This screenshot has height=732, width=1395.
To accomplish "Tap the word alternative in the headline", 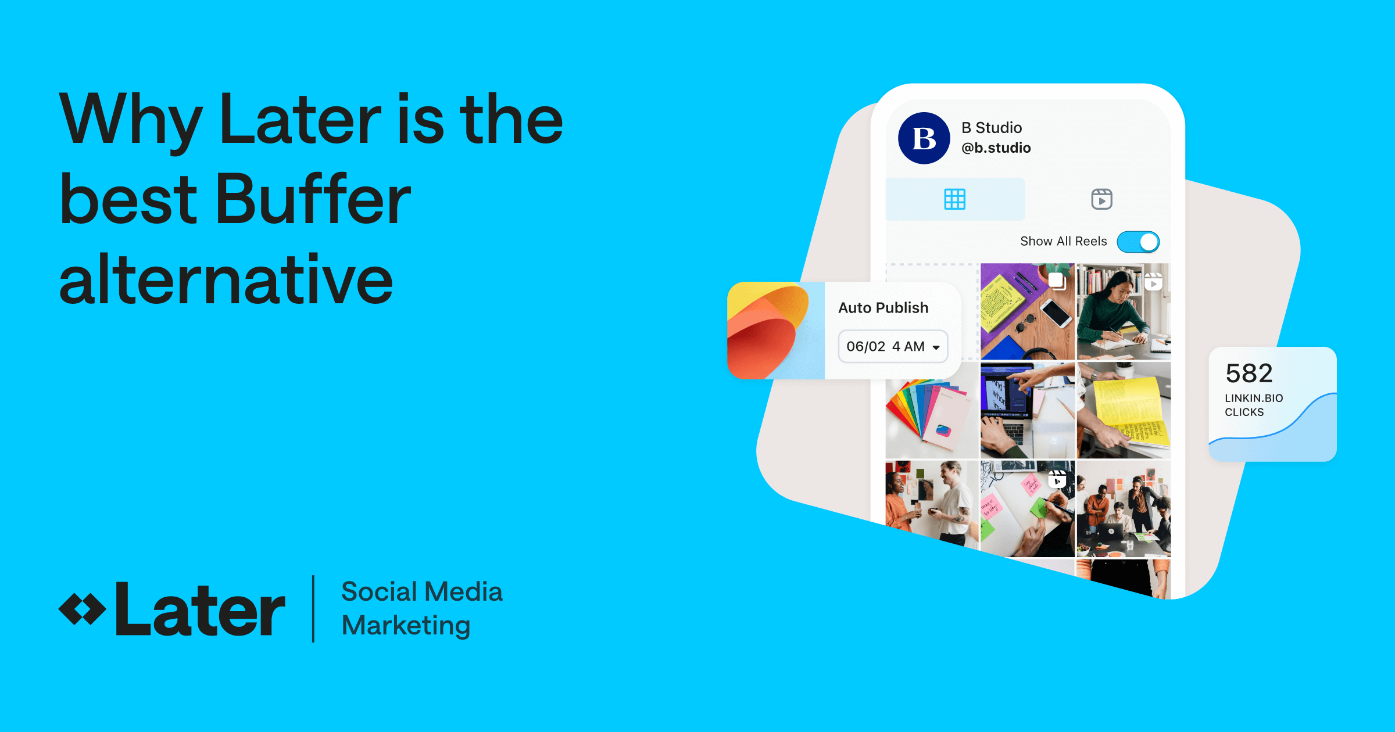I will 226,280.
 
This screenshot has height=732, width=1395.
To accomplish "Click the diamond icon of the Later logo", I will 82,609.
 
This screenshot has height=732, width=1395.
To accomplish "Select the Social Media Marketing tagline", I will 421,608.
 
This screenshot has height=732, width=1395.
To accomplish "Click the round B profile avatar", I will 924,138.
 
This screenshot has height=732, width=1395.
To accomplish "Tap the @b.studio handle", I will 996,148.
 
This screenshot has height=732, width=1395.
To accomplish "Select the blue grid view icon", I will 954,199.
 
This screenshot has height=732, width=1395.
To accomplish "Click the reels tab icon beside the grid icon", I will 1101,199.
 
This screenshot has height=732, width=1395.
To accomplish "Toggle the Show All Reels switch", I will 1138,242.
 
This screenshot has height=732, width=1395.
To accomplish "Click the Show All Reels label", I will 1063,242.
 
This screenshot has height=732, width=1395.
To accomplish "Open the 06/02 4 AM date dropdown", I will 893,347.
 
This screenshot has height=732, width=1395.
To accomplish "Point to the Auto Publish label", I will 883,308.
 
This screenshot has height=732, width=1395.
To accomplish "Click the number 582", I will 1249,374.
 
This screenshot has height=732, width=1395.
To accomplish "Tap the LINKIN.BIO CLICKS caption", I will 1253,405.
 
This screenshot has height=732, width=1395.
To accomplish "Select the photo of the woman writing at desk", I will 1123,311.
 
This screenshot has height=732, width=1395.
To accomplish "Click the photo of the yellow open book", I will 1123,410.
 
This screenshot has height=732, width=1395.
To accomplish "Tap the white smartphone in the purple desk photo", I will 1056,314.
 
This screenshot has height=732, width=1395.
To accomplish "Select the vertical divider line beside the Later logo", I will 313,608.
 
